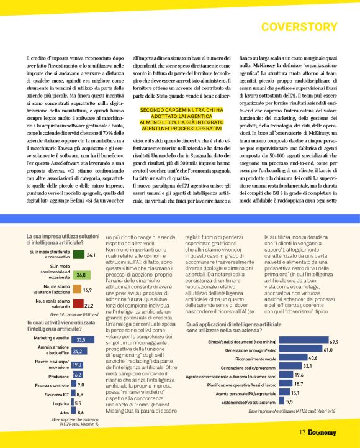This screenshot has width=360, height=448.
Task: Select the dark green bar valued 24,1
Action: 78,255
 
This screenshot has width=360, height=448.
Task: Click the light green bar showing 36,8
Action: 81,274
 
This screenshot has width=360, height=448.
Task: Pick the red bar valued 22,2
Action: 78,304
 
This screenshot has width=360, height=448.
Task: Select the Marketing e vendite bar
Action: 79,340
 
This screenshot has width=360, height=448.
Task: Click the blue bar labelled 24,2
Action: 77,351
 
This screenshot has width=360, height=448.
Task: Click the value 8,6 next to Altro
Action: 81,412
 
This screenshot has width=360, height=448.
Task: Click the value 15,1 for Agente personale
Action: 296,393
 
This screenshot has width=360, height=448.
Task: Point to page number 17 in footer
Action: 302,433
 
